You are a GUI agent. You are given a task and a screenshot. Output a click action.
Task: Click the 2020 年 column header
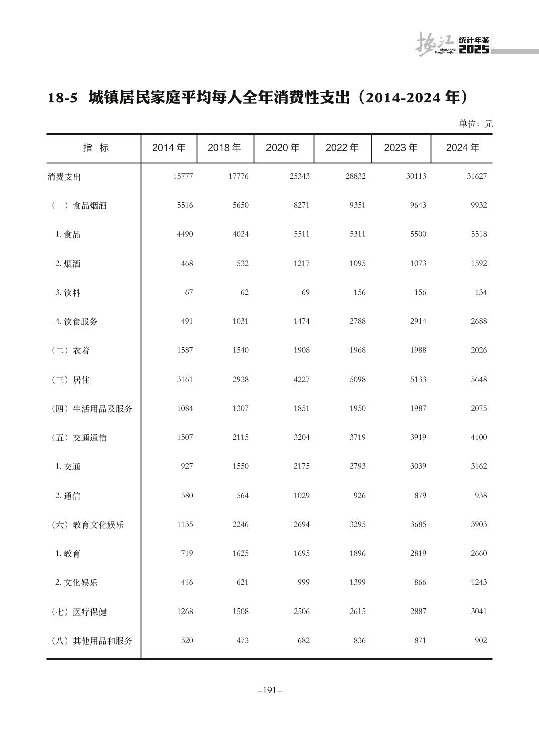[283, 148]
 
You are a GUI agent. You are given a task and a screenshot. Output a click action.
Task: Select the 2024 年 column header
[462, 148]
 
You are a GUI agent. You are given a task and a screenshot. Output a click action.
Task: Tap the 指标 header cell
[96, 148]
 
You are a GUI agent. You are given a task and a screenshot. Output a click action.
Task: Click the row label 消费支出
[64, 177]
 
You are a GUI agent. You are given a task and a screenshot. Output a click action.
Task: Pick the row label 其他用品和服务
[93, 641]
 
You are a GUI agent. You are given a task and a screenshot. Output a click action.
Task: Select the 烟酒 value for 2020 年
[301, 264]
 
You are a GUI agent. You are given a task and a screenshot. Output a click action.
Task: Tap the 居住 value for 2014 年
[185, 380]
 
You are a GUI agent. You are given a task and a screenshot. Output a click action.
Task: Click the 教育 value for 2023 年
[418, 554]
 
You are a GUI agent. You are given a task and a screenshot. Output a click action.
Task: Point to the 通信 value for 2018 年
[242, 496]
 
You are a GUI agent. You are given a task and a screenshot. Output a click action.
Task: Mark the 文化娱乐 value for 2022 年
[357, 583]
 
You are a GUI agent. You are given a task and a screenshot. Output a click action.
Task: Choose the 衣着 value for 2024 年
[478, 350]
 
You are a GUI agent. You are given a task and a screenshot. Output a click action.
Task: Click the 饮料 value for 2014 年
[188, 293]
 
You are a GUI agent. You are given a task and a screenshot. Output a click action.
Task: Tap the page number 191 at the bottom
[270, 691]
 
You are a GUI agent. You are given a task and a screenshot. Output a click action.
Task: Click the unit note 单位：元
[476, 124]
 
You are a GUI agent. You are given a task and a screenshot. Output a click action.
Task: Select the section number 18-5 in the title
[63, 98]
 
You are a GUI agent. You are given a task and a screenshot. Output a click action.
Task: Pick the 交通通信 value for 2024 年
[478, 438]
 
